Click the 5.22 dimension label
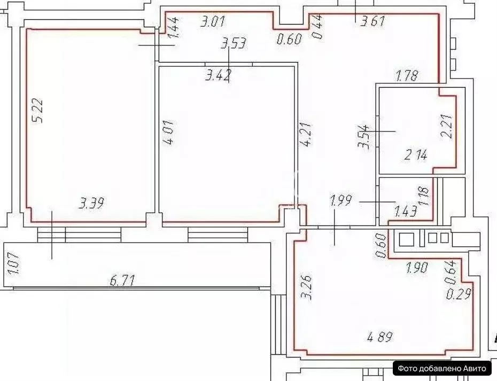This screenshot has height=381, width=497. pyautogui.click(x=37, y=111)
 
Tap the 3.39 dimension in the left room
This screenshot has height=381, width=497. pyautogui.click(x=91, y=203)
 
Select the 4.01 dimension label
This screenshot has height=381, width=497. pyautogui.click(x=169, y=134)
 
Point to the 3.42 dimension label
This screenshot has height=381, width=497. pyautogui.click(x=218, y=76)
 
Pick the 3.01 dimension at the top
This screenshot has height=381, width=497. pyautogui.click(x=212, y=22)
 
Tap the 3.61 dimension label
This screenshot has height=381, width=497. pyautogui.click(x=372, y=22)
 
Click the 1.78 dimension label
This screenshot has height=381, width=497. pyautogui.click(x=406, y=76)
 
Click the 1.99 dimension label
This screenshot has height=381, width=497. pyautogui.click(x=343, y=201)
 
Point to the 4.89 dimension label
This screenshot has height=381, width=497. pyautogui.click(x=379, y=337)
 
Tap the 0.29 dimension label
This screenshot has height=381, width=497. pyautogui.click(x=459, y=295)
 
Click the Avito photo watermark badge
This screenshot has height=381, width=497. pyautogui.click(x=442, y=368)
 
